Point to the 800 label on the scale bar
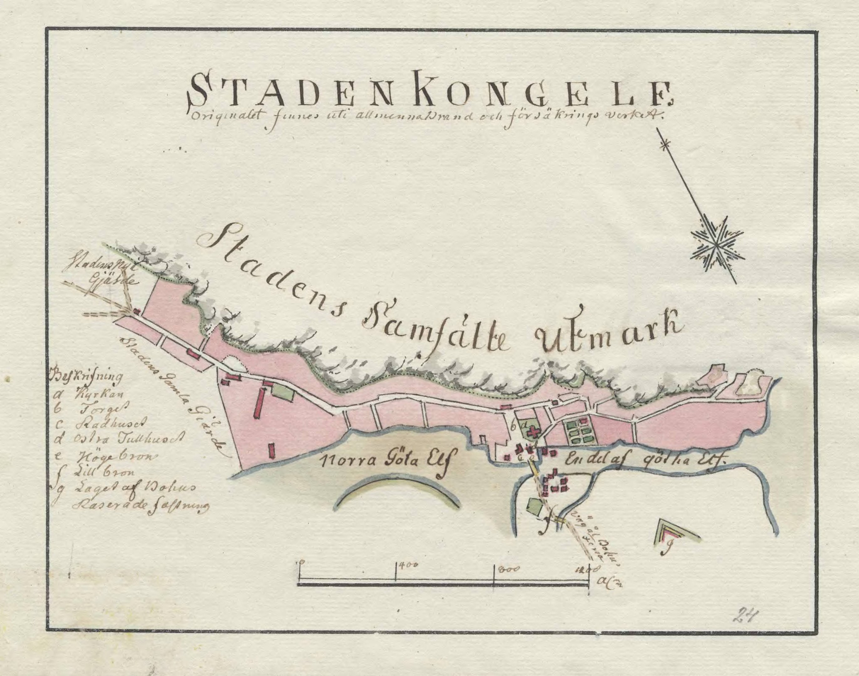click(x=504, y=570)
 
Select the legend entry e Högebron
click(x=103, y=456)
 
